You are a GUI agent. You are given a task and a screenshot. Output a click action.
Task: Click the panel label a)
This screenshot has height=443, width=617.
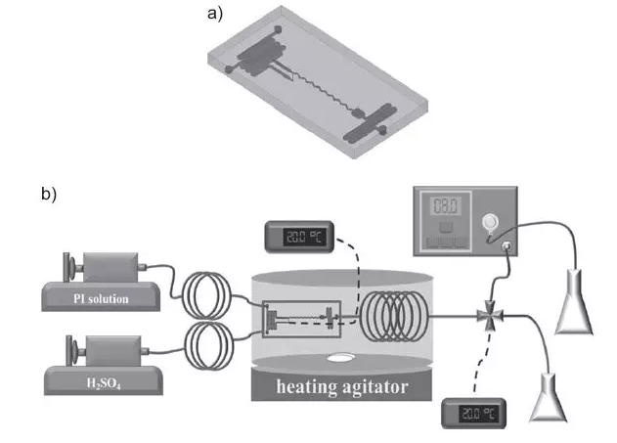point(215,14)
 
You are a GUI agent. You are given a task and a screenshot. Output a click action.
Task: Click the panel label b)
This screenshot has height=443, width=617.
point(49,194)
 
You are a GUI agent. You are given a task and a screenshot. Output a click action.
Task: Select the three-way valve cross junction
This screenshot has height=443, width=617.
point(486,317)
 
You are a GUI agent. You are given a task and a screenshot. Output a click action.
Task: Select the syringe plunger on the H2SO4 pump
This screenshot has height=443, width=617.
point(71,348)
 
